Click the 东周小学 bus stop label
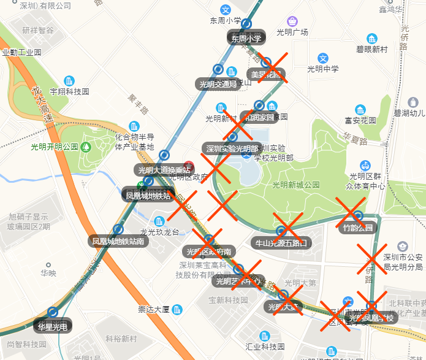(246, 38)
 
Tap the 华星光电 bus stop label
(52, 326)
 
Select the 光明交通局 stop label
(218, 84)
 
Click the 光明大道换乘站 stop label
(162, 170)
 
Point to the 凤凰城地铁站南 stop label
(119, 241)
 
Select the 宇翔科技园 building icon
(69, 81)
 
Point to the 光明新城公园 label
(296, 185)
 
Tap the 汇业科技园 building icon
(265, 336)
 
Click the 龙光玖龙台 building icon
(159, 221)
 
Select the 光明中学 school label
(323, 69)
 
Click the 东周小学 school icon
(226, 10)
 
